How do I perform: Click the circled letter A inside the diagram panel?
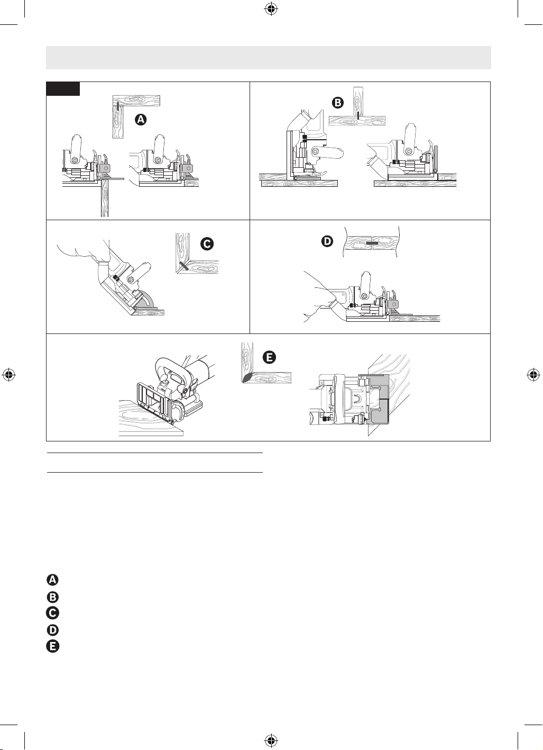point(141,120)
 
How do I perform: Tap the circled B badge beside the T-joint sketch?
point(338,103)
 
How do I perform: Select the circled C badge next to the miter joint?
point(207,244)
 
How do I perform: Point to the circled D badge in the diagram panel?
point(327,241)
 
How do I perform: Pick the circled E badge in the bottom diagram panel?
point(269,357)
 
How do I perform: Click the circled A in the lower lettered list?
point(52,580)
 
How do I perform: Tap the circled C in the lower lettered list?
point(52,613)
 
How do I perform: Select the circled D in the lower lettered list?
point(53,630)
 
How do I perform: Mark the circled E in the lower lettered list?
point(52,646)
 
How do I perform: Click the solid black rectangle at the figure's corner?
point(63,89)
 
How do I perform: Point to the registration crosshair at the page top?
point(271,10)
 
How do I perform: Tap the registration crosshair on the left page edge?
point(9,375)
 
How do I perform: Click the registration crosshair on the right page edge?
point(533,375)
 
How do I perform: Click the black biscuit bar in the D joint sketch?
point(372,242)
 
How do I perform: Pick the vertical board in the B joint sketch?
point(358,102)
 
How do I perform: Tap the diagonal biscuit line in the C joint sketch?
point(183,267)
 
